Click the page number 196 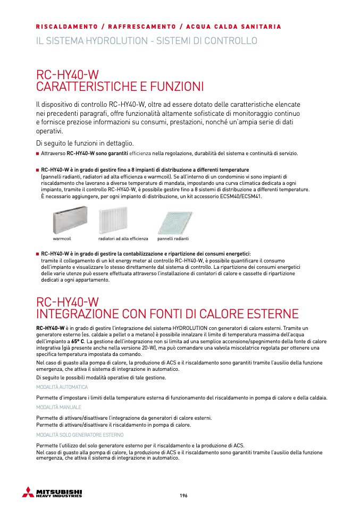[183, 495]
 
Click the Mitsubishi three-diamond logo [28, 492]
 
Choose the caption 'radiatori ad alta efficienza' [123, 239]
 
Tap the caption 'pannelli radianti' [173, 239]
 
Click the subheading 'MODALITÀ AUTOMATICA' [62, 387]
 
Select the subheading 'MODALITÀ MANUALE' [58, 407]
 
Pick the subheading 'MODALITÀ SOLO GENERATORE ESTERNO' [80, 435]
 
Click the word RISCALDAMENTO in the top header [66, 27]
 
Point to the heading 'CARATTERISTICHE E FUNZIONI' [120, 86]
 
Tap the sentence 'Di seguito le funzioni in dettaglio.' [85, 143]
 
